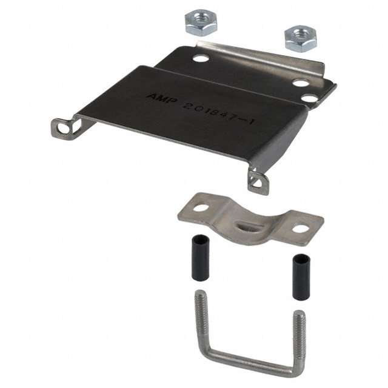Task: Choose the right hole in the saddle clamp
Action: click(299, 229)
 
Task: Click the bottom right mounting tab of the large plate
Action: click(259, 180)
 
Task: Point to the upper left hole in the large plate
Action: click(199, 59)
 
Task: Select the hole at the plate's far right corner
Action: click(309, 98)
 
